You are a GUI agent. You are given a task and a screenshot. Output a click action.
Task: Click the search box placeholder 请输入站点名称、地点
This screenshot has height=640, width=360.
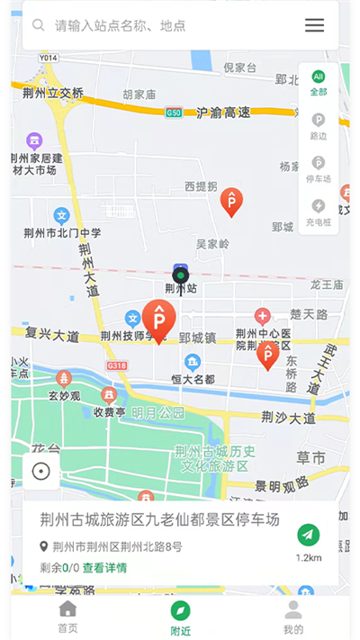[121, 26]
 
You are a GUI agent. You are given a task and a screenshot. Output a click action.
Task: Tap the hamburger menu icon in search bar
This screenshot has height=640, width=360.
[314, 25]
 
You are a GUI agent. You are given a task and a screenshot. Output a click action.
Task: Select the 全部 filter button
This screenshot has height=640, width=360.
[319, 83]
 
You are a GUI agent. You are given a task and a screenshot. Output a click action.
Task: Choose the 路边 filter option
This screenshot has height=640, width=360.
[319, 125]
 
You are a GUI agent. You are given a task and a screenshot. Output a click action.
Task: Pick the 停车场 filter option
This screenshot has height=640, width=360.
[319, 169]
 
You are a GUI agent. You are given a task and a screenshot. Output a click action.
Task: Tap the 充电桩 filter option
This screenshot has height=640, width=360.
[319, 212]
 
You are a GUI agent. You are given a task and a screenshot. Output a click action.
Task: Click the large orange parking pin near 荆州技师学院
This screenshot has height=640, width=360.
[159, 319]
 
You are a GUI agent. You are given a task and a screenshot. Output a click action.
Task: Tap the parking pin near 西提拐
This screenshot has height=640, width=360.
[231, 202]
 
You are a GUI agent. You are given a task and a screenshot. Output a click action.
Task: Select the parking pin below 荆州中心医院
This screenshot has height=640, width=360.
[267, 355]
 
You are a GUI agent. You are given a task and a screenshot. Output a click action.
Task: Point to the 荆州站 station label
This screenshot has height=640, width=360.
[180, 289]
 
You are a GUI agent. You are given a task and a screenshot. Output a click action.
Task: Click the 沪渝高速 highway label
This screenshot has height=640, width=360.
[222, 113]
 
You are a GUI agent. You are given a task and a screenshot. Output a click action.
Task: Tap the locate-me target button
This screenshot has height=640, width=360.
[40, 471]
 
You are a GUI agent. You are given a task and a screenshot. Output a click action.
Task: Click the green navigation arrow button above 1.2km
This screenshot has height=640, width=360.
[309, 535]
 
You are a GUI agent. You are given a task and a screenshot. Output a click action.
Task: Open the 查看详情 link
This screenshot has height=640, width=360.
[104, 568]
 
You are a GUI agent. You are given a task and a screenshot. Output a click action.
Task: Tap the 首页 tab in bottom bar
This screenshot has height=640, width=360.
[67, 617]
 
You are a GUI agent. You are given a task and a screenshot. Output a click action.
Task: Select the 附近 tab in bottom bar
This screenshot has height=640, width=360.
[180, 617]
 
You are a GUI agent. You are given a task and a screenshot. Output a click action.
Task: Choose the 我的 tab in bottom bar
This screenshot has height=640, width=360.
[292, 617]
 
